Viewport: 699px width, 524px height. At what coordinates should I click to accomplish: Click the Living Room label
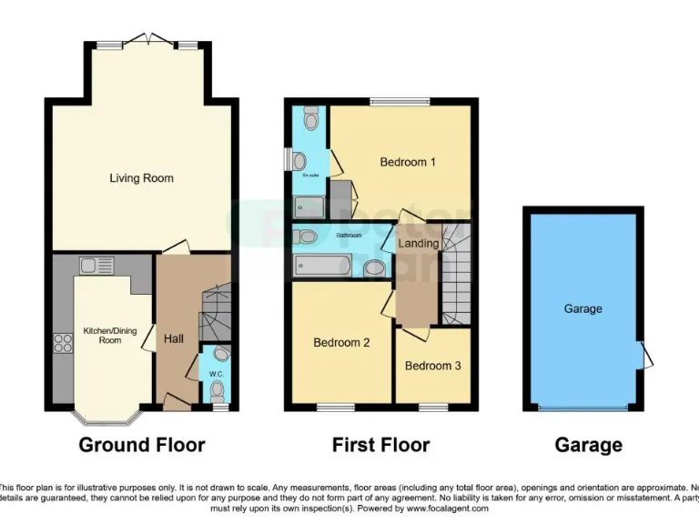click(141, 178)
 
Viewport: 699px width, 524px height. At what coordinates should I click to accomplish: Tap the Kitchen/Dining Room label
click(110, 336)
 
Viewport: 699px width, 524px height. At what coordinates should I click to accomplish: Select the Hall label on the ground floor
click(174, 339)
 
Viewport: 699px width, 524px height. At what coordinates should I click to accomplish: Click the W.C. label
click(216, 373)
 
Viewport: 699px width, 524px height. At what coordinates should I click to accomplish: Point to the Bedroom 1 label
click(408, 163)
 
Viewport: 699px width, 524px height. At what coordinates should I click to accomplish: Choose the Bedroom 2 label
click(341, 344)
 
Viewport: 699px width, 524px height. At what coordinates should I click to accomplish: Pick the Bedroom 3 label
click(433, 366)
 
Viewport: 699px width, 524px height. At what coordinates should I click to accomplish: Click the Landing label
click(419, 244)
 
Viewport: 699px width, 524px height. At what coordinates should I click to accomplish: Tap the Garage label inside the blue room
click(582, 309)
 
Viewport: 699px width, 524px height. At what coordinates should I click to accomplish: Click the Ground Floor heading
click(142, 445)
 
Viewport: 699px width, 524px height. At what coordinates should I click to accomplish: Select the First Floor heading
click(380, 445)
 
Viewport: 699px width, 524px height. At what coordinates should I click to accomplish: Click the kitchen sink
click(95, 266)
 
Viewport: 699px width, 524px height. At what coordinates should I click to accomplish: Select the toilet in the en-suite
click(310, 119)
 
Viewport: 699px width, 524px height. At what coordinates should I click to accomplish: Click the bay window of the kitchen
click(107, 418)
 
